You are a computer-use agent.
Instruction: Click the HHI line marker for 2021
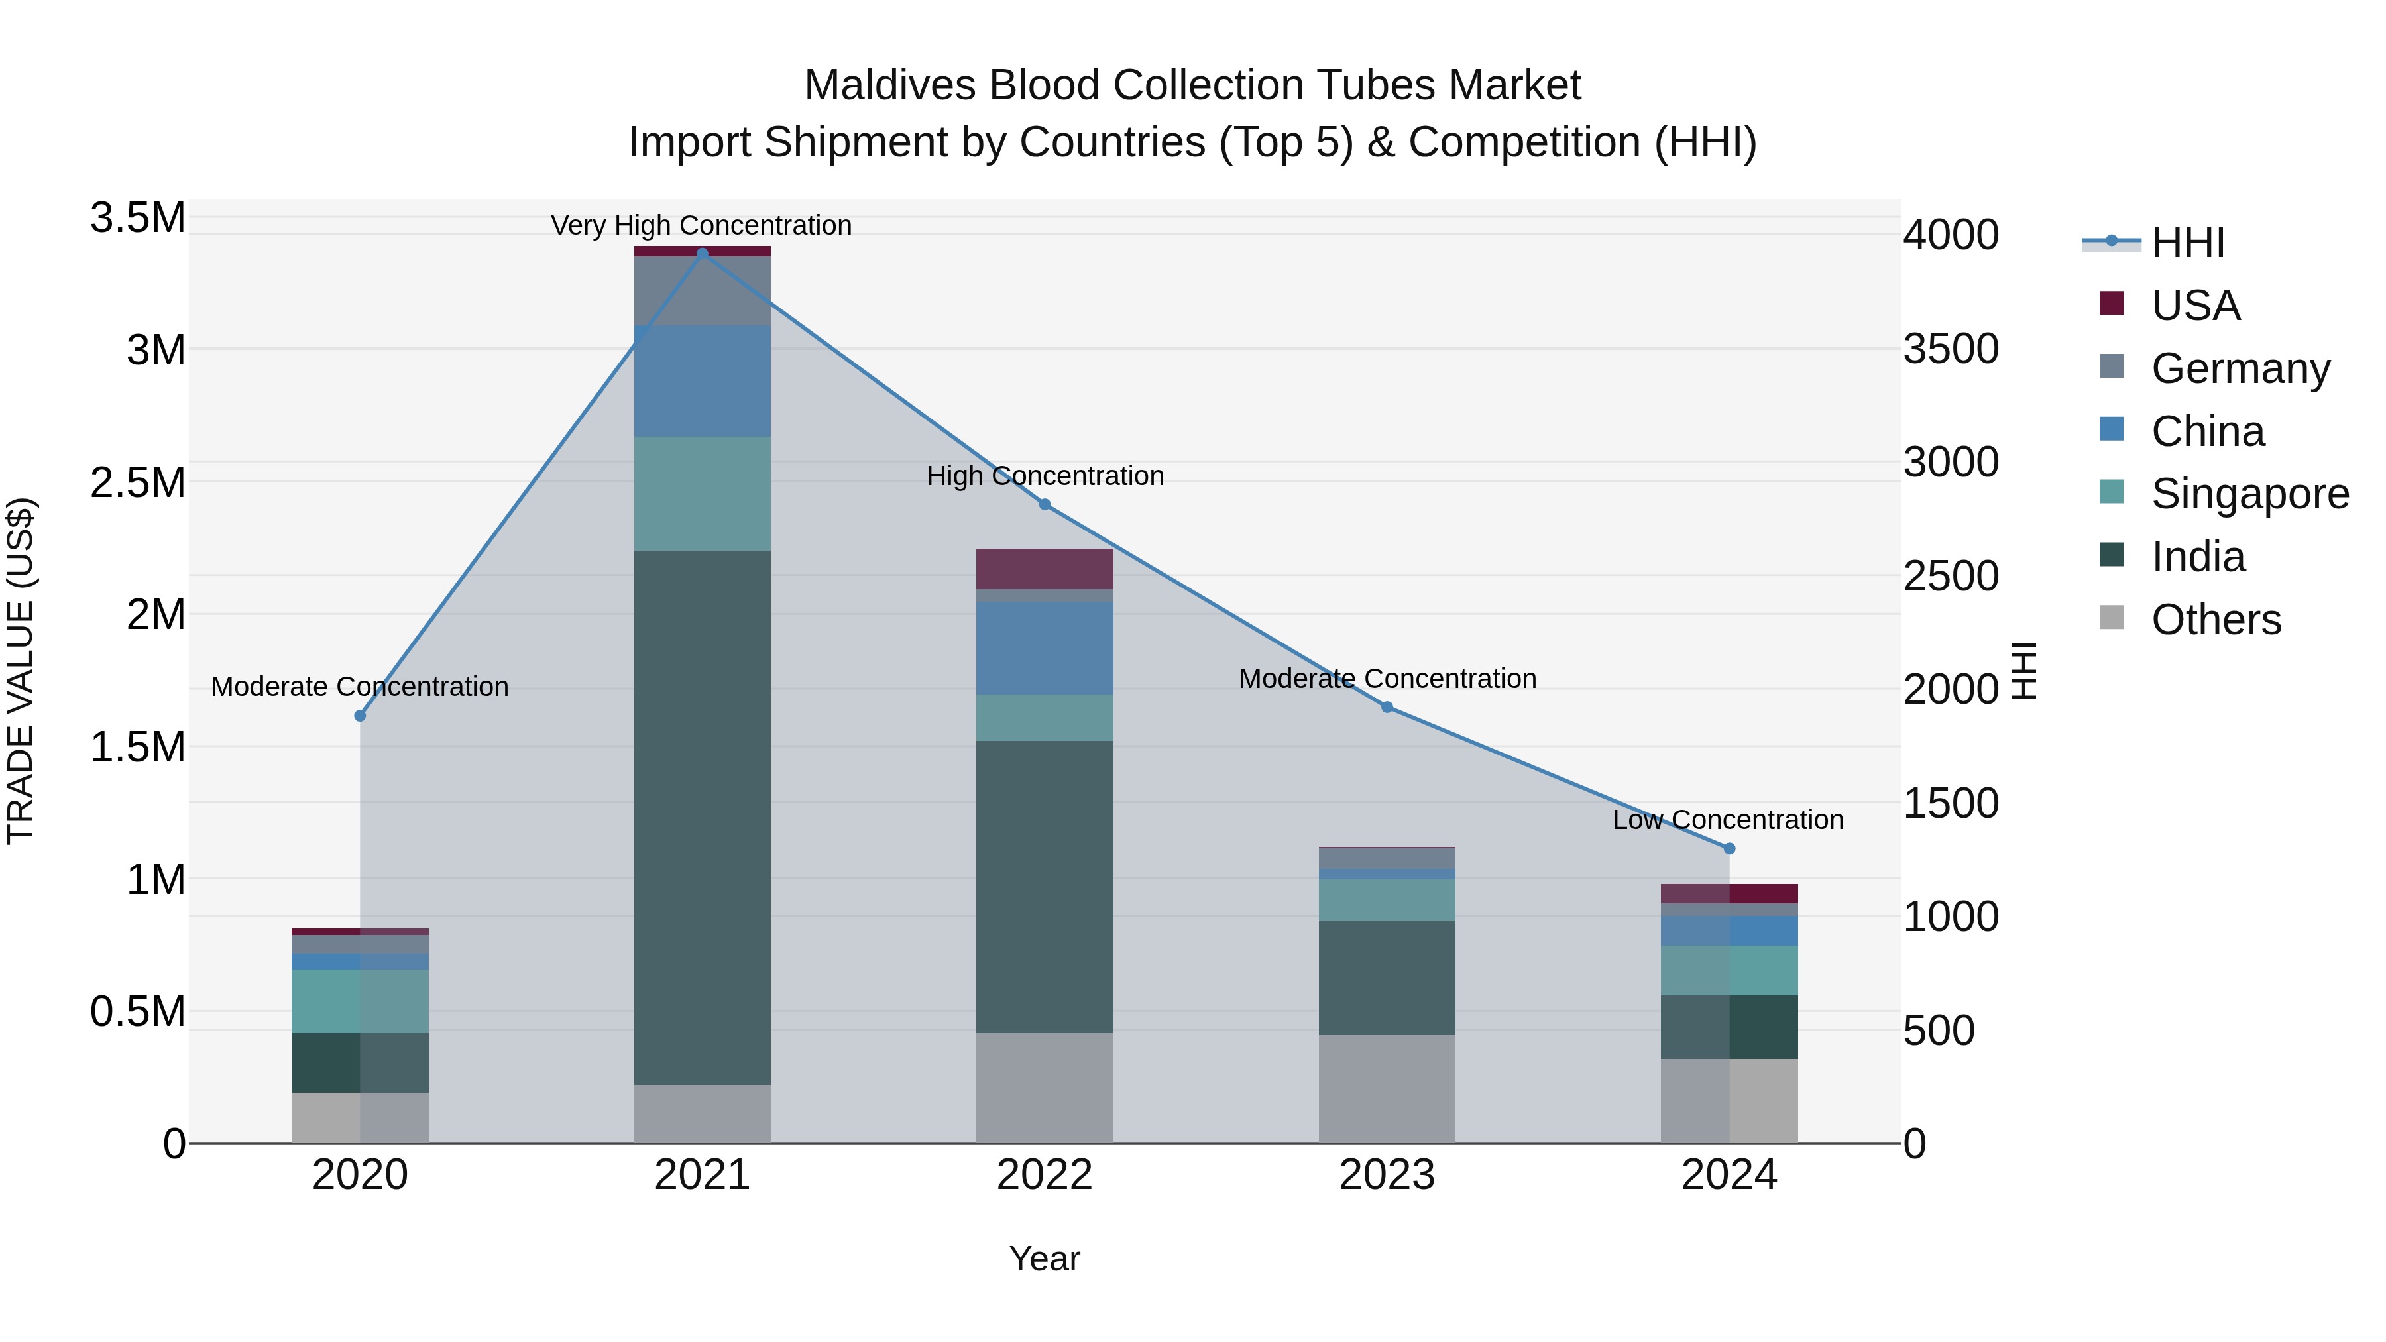(x=702, y=254)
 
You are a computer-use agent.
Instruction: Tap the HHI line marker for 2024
(x=1729, y=848)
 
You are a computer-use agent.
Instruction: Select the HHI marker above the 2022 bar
(x=1045, y=505)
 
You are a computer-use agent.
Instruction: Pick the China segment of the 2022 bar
(x=1045, y=648)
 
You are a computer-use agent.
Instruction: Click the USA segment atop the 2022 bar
(x=1045, y=569)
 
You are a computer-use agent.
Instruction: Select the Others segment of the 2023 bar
(x=1387, y=1088)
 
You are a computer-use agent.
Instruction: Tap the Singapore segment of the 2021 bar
(x=702, y=494)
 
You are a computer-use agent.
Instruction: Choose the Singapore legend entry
(x=2249, y=494)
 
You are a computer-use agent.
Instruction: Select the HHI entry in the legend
(x=2187, y=243)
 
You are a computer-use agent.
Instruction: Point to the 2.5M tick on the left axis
(x=138, y=482)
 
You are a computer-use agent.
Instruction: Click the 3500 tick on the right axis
(x=1951, y=349)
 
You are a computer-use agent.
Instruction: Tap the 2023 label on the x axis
(x=1387, y=1175)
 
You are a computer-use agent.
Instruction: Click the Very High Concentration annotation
(x=701, y=225)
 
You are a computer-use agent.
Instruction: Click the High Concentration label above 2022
(x=1045, y=476)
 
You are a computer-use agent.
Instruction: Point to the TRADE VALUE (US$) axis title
(x=21, y=671)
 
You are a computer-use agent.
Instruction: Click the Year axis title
(x=1044, y=1258)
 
